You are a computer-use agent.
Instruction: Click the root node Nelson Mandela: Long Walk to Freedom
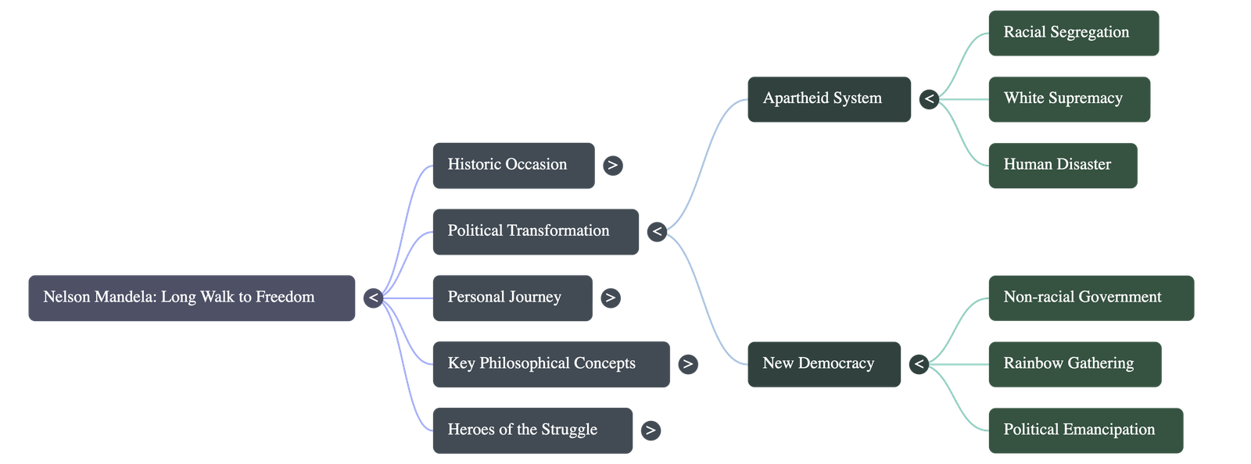tap(192, 298)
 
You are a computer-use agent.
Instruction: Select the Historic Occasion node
tap(513, 165)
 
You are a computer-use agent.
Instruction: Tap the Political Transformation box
tap(536, 231)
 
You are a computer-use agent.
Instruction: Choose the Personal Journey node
tap(512, 298)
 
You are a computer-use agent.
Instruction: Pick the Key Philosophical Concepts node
tap(550, 364)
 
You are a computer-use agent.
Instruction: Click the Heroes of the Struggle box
tap(532, 430)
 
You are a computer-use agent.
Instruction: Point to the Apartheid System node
tap(829, 99)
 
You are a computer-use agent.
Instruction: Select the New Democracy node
tap(823, 364)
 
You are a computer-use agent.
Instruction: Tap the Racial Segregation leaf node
tap(1073, 33)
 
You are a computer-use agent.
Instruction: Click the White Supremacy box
tap(1069, 99)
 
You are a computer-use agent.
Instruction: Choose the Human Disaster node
tap(1062, 165)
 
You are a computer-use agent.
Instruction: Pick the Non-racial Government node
tap(1091, 298)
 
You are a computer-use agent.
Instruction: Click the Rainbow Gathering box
tap(1074, 364)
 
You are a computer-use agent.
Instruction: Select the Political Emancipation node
tap(1085, 430)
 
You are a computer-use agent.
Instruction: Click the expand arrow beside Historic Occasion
tap(613, 166)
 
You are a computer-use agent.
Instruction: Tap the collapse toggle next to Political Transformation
tap(657, 231)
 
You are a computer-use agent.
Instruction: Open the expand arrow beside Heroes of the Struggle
tap(651, 430)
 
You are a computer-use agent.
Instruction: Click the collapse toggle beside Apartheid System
tap(929, 99)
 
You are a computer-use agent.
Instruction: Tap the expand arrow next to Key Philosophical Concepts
tap(687, 364)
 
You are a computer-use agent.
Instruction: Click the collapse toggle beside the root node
tap(373, 298)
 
